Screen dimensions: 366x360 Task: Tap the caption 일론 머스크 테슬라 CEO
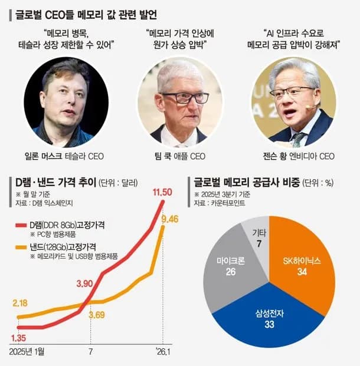69,156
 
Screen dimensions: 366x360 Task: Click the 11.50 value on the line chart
162,193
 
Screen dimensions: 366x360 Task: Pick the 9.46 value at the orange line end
167,219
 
